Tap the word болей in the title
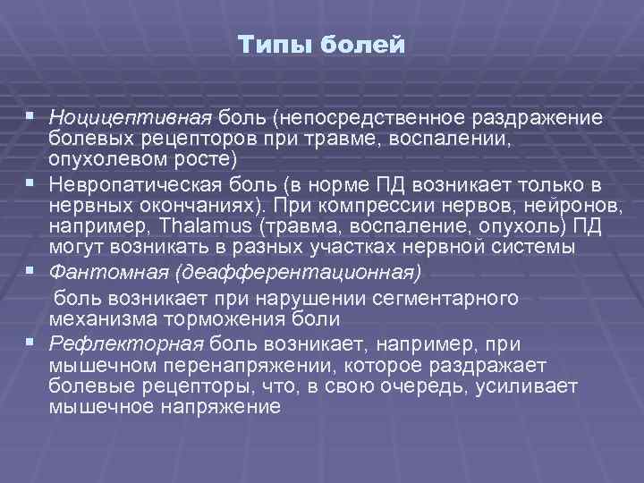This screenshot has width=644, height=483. [365, 44]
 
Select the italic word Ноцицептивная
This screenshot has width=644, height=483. [131, 119]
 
